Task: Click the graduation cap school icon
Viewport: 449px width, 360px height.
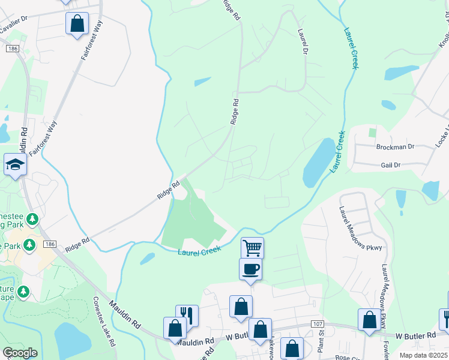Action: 14,164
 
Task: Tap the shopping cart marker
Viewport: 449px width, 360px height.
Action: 253,247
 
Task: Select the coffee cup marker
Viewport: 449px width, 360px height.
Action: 250,268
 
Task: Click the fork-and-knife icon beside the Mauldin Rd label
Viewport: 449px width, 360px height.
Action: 187,314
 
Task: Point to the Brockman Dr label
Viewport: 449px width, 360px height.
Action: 395,146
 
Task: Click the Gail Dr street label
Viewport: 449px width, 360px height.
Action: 394,164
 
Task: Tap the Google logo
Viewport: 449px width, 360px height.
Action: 20,353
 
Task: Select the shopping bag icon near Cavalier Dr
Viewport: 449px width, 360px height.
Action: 77,23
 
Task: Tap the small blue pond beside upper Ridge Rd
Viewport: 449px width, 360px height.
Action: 202,82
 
